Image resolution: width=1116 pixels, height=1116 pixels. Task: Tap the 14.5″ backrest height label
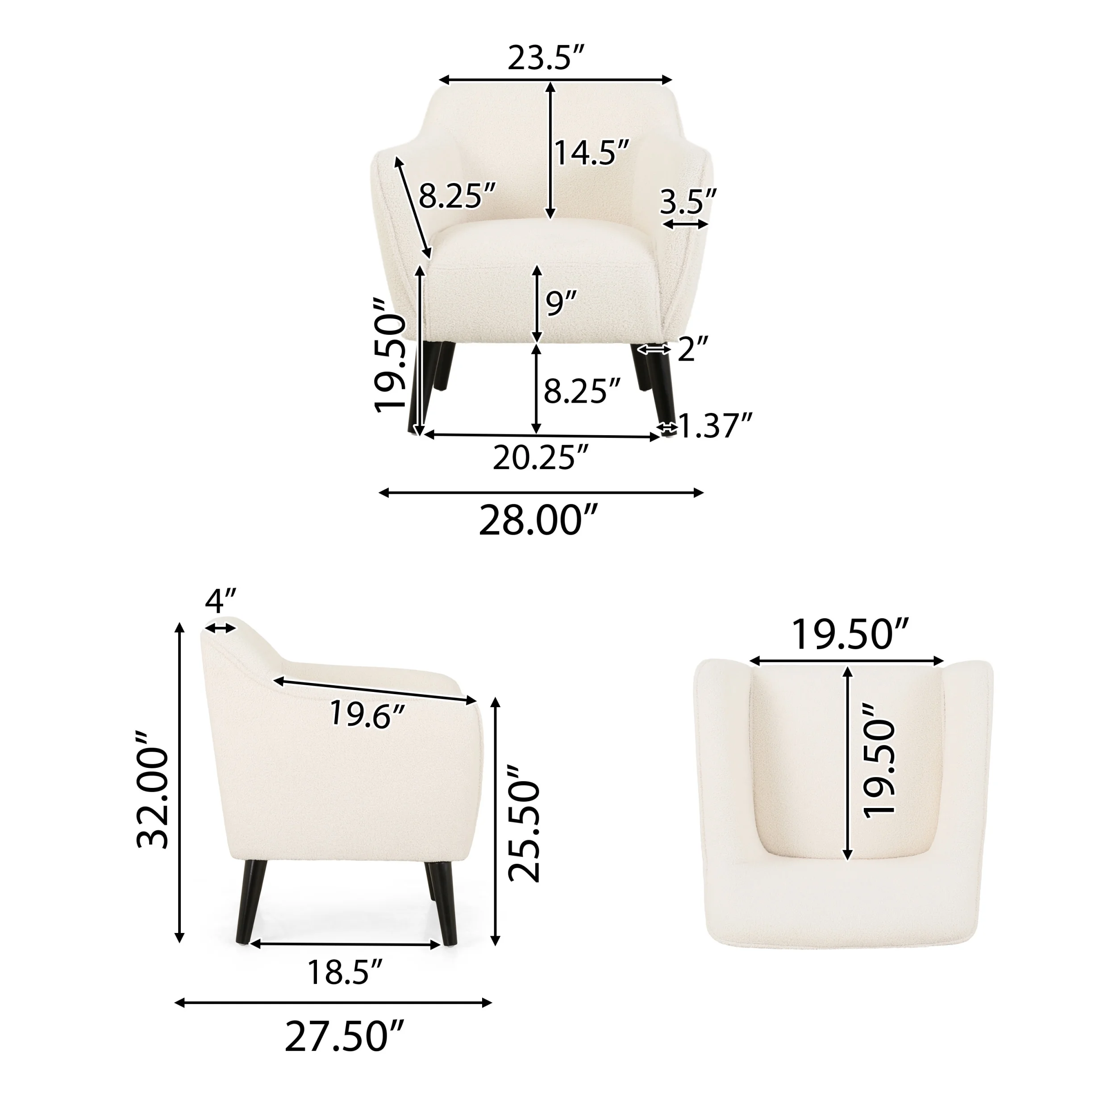click(591, 153)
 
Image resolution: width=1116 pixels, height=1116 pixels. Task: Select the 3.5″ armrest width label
click(687, 201)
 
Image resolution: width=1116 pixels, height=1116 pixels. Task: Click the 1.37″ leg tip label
click(715, 426)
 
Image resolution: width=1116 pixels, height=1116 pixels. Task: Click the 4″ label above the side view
click(221, 601)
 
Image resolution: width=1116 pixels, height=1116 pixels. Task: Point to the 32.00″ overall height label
click(153, 790)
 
